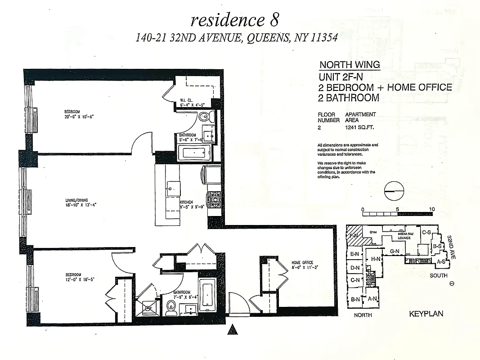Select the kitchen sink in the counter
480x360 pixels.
point(171,187)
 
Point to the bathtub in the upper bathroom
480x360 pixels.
point(195,153)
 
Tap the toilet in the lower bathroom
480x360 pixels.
point(170,307)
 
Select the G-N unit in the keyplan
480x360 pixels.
point(395,251)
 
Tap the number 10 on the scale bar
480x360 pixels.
point(431,209)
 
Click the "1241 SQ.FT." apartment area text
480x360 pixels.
point(360,127)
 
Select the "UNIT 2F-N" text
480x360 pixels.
point(341,76)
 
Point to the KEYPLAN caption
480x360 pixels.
point(426,314)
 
